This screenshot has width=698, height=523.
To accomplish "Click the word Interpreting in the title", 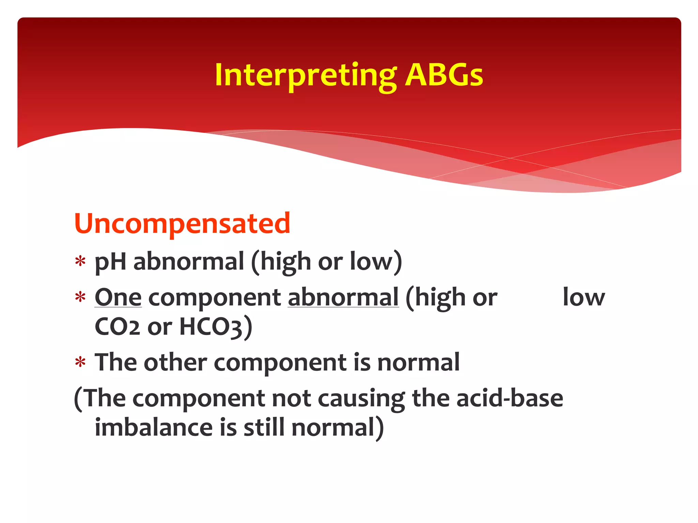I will point(305,76).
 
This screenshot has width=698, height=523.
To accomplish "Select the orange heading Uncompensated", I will point(182,223).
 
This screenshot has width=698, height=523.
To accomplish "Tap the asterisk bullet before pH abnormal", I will point(80,262).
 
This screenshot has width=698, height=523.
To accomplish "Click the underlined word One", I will point(118,298).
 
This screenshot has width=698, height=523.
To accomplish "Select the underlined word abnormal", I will point(343,298).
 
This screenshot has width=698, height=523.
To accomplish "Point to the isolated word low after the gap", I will point(583,298).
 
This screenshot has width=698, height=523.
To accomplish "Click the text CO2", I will point(117,327).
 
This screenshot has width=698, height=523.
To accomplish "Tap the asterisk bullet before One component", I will point(80,298).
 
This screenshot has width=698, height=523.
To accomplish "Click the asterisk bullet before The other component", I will point(80,363).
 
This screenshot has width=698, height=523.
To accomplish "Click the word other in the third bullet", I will point(175,362).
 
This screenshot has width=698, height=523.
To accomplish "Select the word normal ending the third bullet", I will point(418,362).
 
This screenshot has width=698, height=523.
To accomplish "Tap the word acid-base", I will point(510,398).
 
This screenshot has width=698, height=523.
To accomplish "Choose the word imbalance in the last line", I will point(154,428).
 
